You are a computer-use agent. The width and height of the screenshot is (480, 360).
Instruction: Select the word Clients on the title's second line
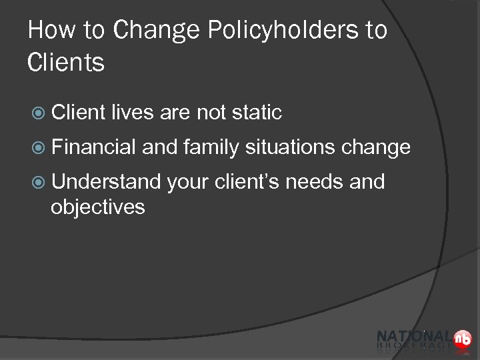point(66,63)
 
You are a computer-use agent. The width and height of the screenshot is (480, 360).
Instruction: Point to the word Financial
point(94,147)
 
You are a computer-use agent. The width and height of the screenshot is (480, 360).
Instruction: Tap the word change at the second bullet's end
point(375,147)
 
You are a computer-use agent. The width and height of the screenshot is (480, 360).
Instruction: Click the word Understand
point(105,181)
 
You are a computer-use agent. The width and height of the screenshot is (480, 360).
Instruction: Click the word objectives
point(97,207)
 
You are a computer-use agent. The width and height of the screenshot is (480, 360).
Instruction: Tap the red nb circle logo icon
point(462,339)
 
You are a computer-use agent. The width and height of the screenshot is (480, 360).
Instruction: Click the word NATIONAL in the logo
point(413,337)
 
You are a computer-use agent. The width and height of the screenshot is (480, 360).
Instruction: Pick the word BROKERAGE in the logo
point(414,347)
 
